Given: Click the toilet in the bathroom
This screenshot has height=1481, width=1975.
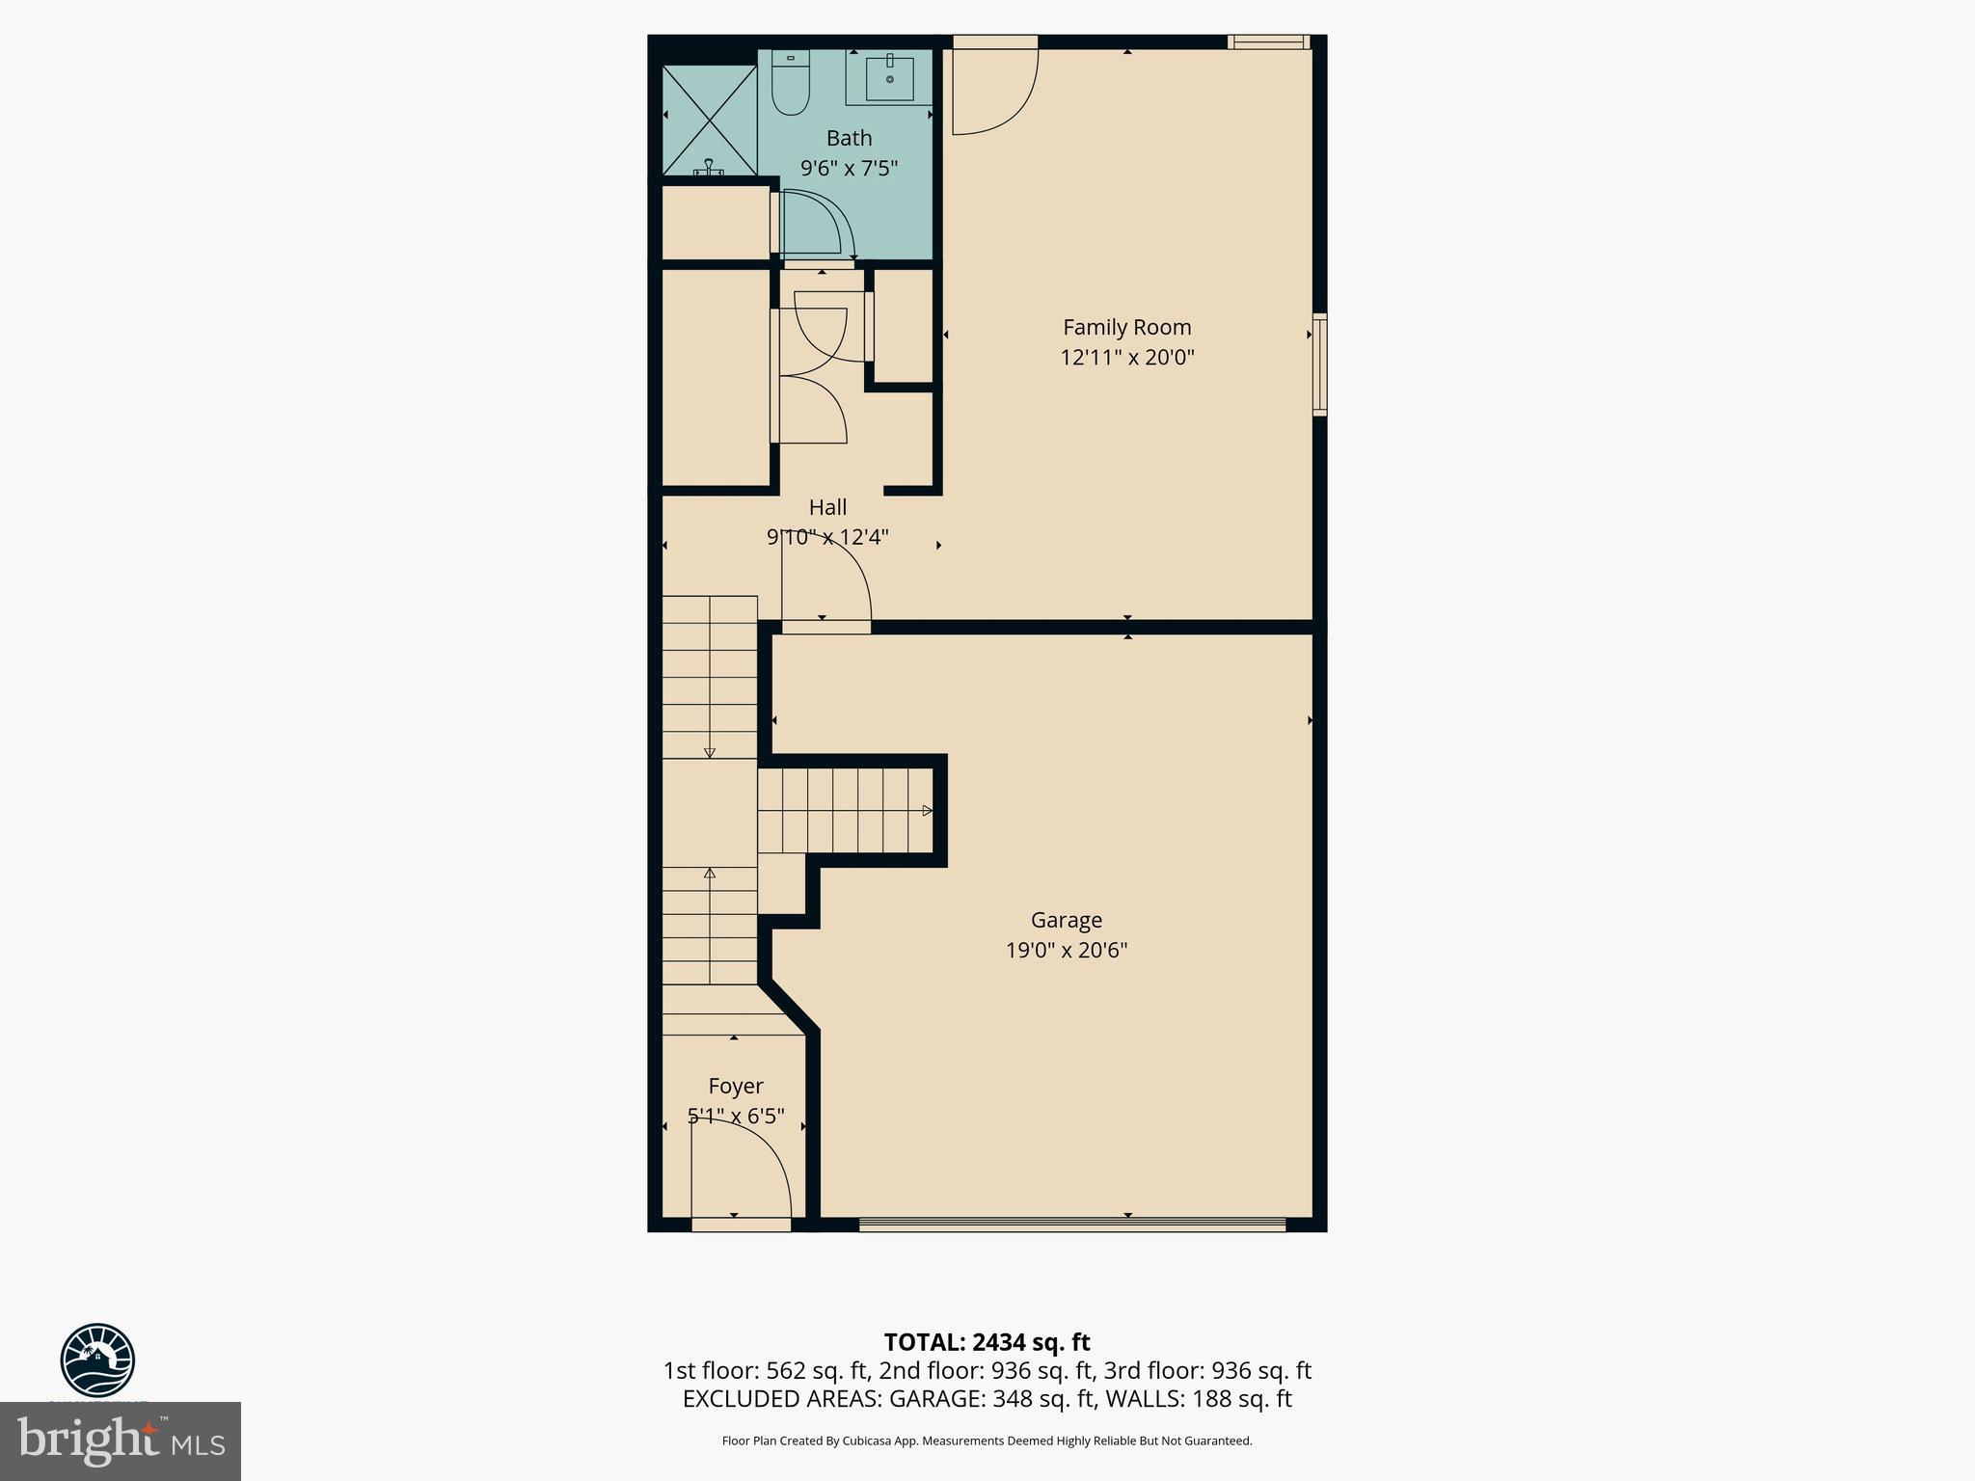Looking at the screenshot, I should (791, 85).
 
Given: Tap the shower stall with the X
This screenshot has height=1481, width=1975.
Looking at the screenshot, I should (710, 120).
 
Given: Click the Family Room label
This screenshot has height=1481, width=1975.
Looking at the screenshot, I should (1126, 327).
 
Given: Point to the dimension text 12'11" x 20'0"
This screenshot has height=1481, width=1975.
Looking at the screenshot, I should (1126, 358).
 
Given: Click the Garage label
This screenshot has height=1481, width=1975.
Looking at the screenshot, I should (1066, 920).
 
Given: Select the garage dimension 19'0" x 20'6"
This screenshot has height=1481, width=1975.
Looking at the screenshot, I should (1066, 951).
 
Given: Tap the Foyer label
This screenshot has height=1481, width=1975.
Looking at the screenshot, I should (735, 1086).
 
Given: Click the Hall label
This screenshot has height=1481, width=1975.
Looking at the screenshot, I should (827, 507).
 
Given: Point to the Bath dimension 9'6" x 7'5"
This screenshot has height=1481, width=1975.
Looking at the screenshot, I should (849, 169).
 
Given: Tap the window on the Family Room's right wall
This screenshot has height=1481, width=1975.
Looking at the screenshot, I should (1319, 364).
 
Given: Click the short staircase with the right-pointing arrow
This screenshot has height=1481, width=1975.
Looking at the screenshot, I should (845, 810).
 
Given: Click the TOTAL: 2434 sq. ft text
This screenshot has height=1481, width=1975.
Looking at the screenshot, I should (987, 1342).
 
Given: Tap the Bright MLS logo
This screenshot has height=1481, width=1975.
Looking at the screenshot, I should (121, 1441).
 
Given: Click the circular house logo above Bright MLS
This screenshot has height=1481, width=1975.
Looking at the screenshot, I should (97, 1360).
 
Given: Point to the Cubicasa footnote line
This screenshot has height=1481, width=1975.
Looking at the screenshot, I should (987, 1441).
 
